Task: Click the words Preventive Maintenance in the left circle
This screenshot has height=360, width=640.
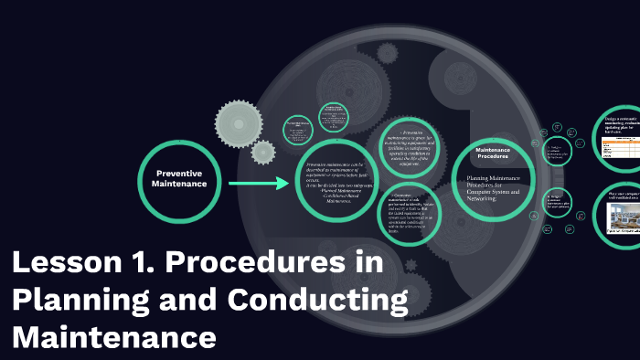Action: click(x=179, y=178)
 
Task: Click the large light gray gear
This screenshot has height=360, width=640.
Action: click(x=241, y=119)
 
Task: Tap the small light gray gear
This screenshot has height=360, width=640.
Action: click(x=263, y=152)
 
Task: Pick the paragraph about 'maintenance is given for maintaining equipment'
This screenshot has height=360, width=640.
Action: click(x=417, y=145)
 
